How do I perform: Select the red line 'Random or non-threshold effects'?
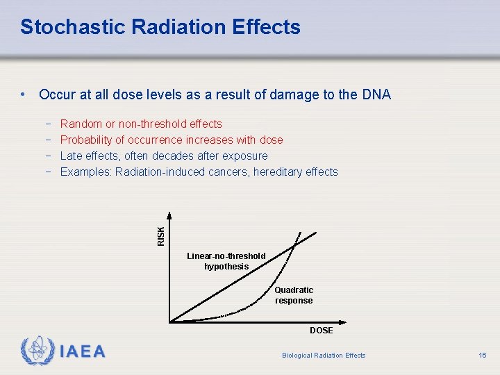pyautogui.click(x=141, y=124)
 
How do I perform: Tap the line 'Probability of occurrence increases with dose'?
pyautogui.click(x=172, y=140)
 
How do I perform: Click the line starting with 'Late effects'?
pyautogui.click(x=163, y=156)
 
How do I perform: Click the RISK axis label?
pyautogui.click(x=161, y=235)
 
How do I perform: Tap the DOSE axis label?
pyautogui.click(x=322, y=331)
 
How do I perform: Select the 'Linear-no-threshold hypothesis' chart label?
pyautogui.click(x=226, y=261)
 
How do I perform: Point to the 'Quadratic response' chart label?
pyautogui.click(x=294, y=295)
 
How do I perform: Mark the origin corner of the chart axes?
pyautogui.click(x=170, y=322)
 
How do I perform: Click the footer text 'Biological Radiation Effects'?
pyautogui.click(x=324, y=356)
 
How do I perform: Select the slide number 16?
pyautogui.click(x=483, y=356)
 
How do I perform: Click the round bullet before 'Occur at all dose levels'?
pyautogui.click(x=24, y=94)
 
